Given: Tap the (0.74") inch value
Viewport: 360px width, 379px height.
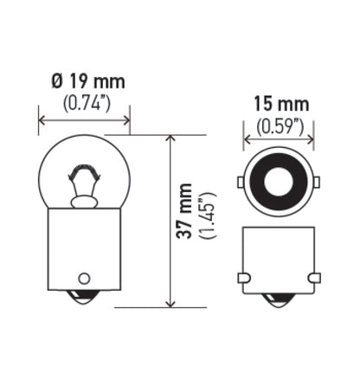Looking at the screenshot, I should (x=87, y=103).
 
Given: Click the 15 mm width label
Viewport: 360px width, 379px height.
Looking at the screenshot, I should (x=278, y=106).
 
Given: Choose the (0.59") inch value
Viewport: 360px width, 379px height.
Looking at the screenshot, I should (x=278, y=126).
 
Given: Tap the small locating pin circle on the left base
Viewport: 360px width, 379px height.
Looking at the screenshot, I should (x=84, y=279).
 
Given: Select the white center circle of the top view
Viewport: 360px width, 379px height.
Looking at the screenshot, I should (x=277, y=183).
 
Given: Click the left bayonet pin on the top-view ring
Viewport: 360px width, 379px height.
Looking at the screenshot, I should (x=240, y=183).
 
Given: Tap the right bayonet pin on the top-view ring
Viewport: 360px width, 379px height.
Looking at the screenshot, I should (x=316, y=183).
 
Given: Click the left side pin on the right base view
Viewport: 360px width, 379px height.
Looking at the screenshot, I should (x=243, y=278).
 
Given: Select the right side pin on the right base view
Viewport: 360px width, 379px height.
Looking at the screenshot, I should (x=312, y=278).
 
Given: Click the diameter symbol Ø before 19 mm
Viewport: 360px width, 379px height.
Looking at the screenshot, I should (x=57, y=82).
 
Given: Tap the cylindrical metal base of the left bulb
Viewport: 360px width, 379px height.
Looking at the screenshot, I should (x=84, y=251).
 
